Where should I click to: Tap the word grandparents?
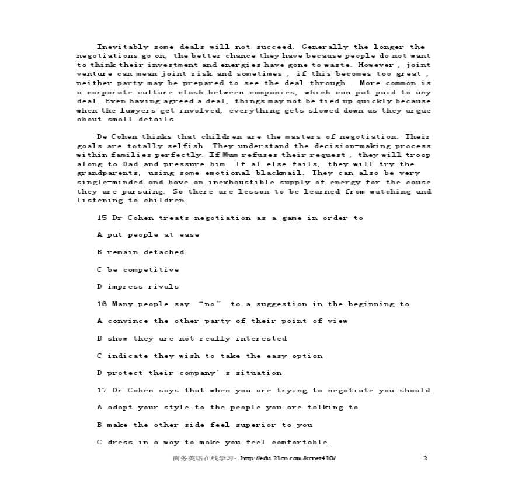coord(108,173)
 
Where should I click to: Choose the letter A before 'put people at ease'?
coord(100,235)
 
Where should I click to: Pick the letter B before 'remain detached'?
coord(100,252)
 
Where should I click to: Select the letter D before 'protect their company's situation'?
coord(100,373)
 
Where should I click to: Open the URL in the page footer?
coord(288,458)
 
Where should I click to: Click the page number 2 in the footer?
coord(425,458)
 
